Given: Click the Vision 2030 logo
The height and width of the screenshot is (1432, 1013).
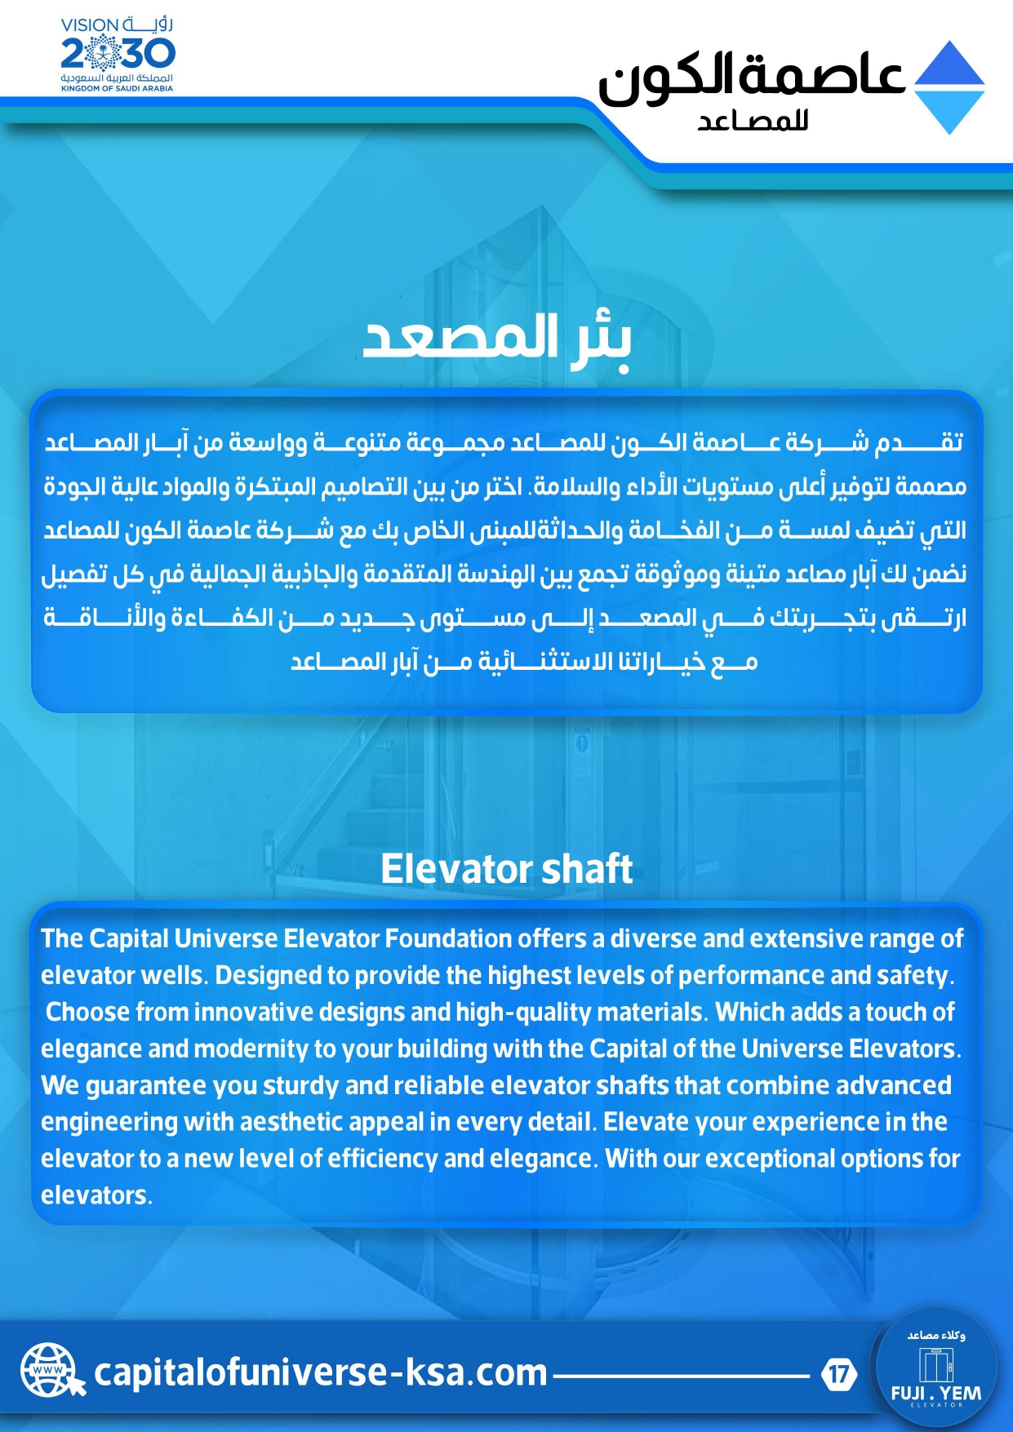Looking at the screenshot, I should tap(117, 54).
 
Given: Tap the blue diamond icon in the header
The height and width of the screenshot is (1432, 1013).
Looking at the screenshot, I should tap(949, 87).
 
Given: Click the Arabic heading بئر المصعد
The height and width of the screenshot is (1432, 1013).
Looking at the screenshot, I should tap(497, 338).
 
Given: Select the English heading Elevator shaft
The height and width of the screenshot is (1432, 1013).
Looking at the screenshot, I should tap(506, 869).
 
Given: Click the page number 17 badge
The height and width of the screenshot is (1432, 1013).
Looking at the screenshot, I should tap(838, 1374).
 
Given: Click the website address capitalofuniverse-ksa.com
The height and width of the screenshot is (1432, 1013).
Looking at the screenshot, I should tap(320, 1372).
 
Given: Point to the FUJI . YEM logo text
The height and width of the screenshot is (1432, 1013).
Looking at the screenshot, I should tap(935, 1393).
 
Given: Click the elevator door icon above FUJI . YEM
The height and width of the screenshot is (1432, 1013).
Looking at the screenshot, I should tap(935, 1363).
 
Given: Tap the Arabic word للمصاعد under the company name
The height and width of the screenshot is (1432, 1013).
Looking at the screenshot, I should tap(752, 121).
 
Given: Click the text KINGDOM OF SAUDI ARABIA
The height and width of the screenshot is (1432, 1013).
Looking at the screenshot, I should tap(117, 88).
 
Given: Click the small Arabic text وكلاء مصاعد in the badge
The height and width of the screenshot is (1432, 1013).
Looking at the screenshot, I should tap(935, 1336).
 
